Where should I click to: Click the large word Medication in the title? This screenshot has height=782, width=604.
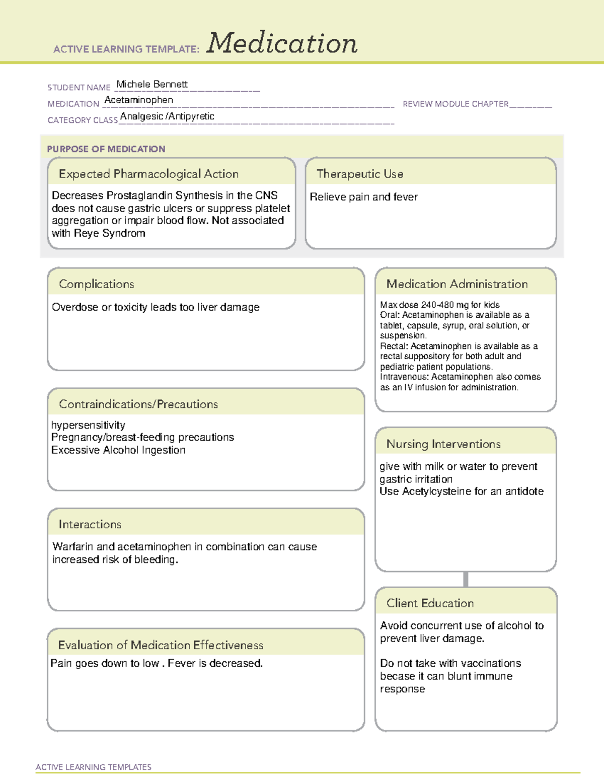282,43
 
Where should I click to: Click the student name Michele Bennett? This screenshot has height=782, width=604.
152,84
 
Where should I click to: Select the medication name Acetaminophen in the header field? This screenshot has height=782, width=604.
139,100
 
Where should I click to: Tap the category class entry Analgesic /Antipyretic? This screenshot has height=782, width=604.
167,116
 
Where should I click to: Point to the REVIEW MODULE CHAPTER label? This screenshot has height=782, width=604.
456,104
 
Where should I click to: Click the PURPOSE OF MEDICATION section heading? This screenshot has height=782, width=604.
106,149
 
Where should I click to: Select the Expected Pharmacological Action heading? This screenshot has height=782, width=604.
148,174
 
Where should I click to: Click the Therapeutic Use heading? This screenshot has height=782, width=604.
360,174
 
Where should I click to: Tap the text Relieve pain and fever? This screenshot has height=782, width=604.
363,197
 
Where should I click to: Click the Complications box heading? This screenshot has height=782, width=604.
97,284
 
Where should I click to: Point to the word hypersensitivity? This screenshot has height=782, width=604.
88,425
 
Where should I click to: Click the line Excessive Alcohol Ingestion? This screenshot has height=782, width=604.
118,450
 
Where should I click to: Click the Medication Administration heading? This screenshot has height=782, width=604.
457,284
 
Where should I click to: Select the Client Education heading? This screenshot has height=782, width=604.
430,603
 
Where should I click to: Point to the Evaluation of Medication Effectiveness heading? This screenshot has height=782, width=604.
161,645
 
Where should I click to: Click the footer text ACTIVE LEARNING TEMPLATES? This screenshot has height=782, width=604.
94,767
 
